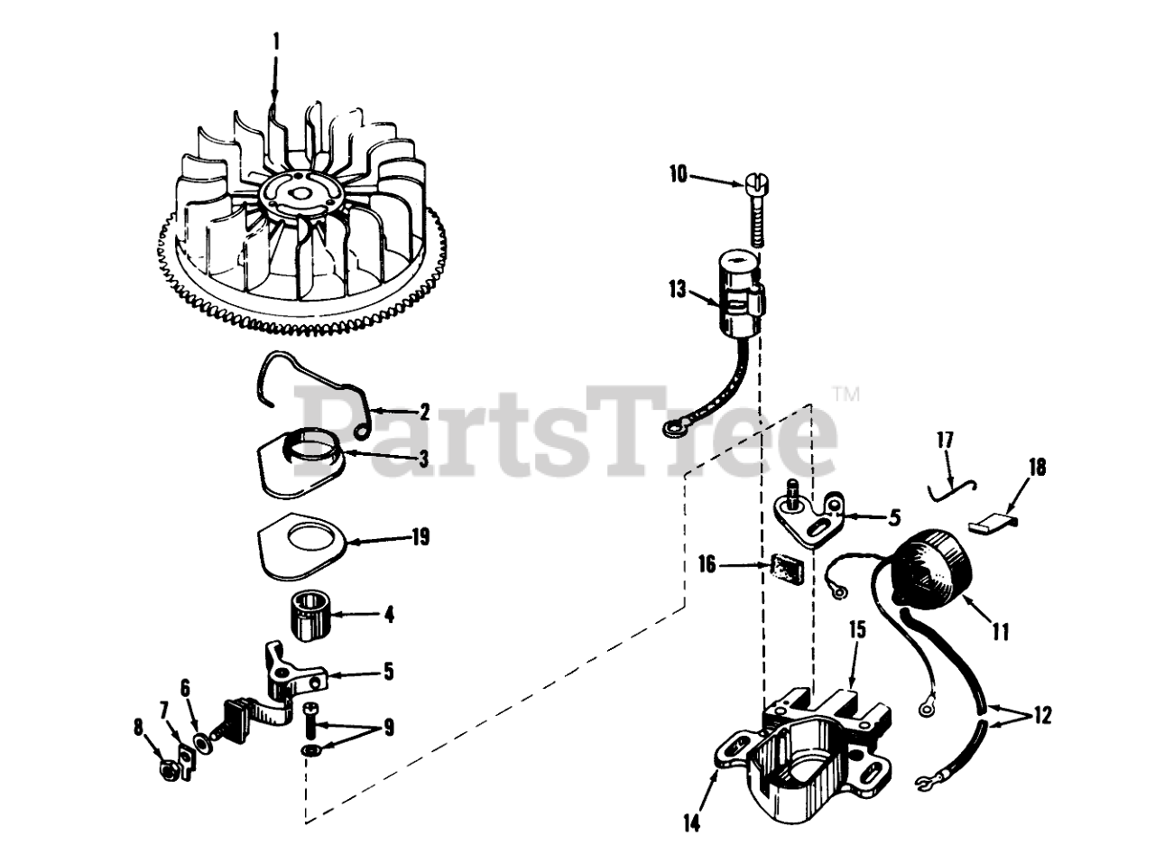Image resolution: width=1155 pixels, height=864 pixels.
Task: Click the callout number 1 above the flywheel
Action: pyautogui.click(x=276, y=42)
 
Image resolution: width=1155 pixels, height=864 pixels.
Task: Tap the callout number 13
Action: pyautogui.click(x=679, y=292)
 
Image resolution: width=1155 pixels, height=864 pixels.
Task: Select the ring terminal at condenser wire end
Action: pyautogui.click(x=672, y=431)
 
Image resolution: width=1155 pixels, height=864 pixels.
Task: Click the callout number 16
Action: pyautogui.click(x=707, y=565)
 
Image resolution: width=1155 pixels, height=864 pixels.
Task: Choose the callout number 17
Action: pyautogui.click(x=944, y=441)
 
